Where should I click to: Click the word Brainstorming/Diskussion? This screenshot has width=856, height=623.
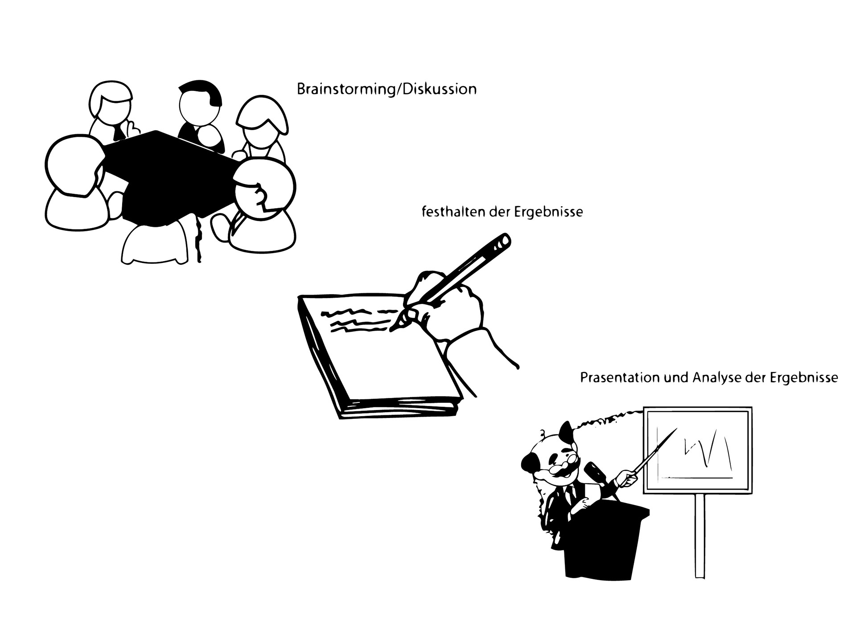point(387,89)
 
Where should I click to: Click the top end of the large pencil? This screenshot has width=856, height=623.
point(504,241)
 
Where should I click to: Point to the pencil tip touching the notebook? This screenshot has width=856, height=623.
point(392,330)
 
